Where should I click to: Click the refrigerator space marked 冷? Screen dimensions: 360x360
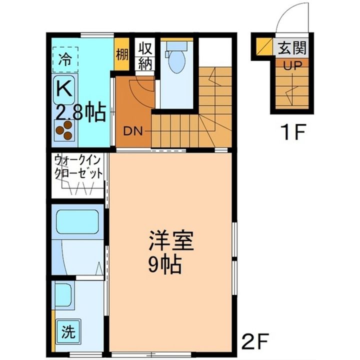pyautogui.click(x=65, y=59)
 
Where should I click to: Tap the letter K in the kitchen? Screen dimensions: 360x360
pyautogui.click(x=64, y=88)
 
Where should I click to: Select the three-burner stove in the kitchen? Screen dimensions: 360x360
pyautogui.click(x=64, y=130)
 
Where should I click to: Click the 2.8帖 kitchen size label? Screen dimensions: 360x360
pyautogui.click(x=81, y=112)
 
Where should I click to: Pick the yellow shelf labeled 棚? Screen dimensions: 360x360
pyautogui.click(x=121, y=54)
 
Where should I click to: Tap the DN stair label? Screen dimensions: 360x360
pyautogui.click(x=133, y=131)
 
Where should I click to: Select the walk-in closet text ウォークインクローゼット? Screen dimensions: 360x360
pyautogui.click(x=78, y=167)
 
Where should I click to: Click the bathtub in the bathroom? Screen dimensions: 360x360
pyautogui.click(x=77, y=222)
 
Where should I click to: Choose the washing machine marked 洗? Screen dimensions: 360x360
pyautogui.click(x=68, y=332)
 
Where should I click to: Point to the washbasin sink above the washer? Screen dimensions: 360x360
pyautogui.click(x=63, y=295)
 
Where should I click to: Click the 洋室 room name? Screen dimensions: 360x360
pyautogui.click(x=171, y=240)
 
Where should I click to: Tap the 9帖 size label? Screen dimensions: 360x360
pyautogui.click(x=165, y=264)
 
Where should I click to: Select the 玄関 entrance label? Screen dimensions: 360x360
pyautogui.click(x=292, y=48)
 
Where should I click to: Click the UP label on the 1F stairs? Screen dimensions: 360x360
pyautogui.click(x=292, y=65)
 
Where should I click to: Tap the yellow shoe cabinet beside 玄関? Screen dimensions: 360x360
pyautogui.click(x=264, y=46)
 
